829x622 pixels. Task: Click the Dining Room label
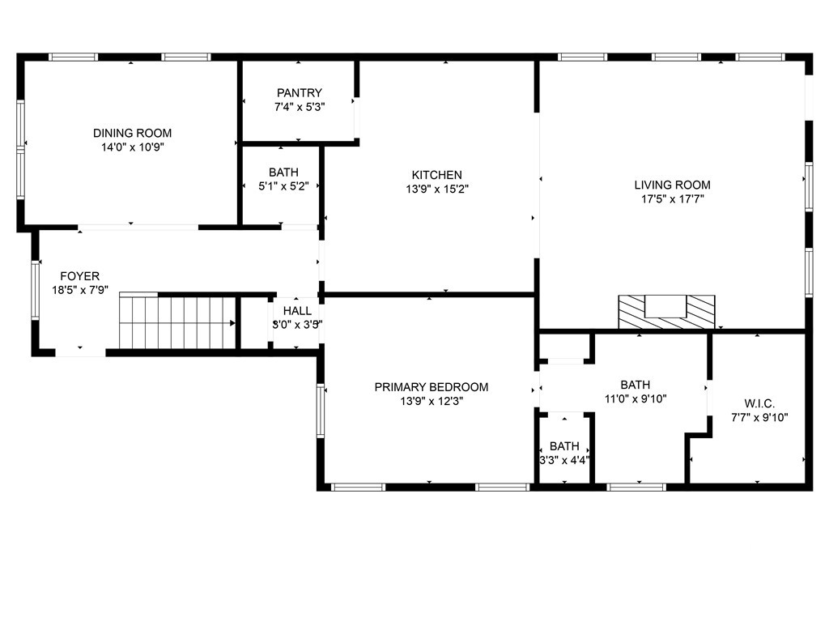tap(132, 134)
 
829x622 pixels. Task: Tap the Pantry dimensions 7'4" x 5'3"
tap(300, 107)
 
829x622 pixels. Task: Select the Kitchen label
tap(436, 175)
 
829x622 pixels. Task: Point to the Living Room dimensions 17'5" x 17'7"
tap(673, 199)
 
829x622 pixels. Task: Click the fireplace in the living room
tap(667, 312)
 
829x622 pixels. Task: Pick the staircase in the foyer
tap(177, 321)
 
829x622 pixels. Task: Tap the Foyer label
tap(80, 276)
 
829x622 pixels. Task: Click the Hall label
tap(297, 311)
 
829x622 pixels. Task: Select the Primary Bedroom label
tap(432, 387)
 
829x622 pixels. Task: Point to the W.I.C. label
tap(759, 404)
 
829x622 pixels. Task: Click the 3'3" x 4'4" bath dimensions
tap(564, 461)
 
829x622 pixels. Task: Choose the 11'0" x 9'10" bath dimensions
tap(636, 399)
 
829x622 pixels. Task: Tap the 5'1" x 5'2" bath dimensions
tap(283, 187)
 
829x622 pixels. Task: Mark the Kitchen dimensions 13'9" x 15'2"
tap(437, 190)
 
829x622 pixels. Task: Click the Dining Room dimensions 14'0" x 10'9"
tap(133, 147)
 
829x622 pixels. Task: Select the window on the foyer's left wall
tap(36, 289)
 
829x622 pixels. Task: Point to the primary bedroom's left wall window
tap(321, 411)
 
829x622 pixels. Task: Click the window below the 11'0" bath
tap(636, 487)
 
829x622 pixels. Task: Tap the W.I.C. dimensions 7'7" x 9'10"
tap(759, 418)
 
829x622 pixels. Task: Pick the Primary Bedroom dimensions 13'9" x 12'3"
tap(432, 402)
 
